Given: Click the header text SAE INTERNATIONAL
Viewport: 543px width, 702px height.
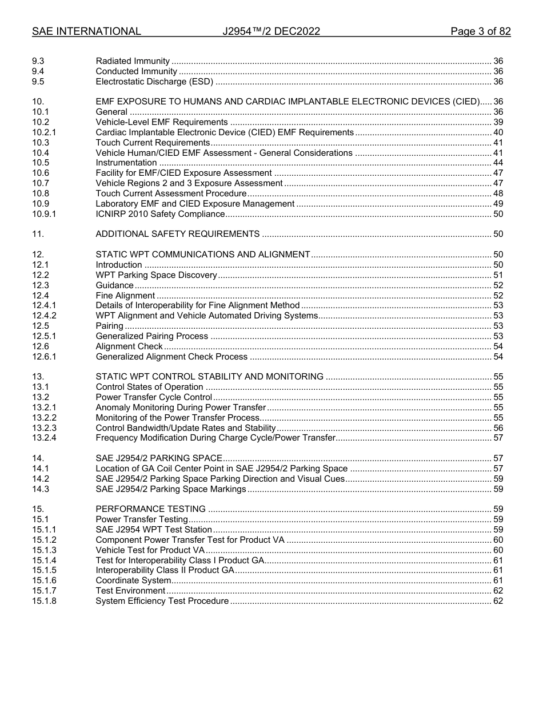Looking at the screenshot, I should tap(86, 31).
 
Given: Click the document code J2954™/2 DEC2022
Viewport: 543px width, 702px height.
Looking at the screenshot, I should tap(271, 31).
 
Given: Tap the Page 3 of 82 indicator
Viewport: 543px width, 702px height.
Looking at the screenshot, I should tap(480, 31).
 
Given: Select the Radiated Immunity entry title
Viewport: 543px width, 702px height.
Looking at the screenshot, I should tap(133, 61).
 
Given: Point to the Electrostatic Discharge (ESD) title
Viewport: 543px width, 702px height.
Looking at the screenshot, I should tap(154, 82).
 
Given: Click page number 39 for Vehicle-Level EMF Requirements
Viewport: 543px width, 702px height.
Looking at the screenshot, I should tap(498, 122).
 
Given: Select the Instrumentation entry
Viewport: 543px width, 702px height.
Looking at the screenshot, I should tap(126, 163).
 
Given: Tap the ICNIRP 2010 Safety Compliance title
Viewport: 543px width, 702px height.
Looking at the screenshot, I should tap(160, 214).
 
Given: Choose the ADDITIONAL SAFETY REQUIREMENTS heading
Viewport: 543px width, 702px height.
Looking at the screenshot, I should tap(178, 234).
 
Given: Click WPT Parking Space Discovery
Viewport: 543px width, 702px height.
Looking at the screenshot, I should tap(156, 275).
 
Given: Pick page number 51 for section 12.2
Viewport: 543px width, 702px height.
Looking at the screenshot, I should tap(498, 275).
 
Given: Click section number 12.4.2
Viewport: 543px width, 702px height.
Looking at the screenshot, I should tap(44, 316).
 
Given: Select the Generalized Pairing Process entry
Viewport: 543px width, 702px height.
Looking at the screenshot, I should tap(152, 336).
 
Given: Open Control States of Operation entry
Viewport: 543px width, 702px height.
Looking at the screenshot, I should tap(149, 387).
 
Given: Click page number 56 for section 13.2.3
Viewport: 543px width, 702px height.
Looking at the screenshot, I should tap(498, 428).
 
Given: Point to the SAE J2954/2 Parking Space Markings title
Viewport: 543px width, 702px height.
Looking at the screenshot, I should tap(171, 489).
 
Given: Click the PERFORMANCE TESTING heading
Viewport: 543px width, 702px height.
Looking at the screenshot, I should tap(150, 509).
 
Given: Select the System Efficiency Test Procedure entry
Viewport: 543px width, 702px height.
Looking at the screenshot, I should tap(162, 601).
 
